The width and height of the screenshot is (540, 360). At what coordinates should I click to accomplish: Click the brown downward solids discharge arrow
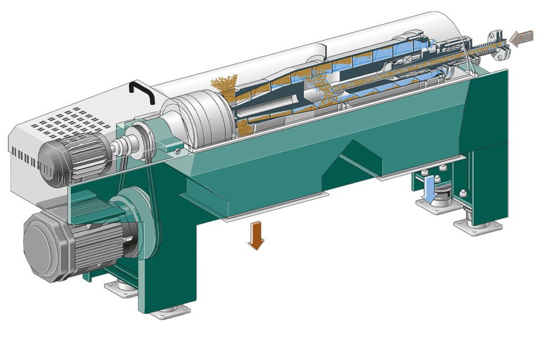257,235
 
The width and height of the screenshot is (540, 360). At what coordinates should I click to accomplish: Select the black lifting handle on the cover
141,92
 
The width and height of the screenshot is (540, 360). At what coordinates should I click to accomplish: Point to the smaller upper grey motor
74,157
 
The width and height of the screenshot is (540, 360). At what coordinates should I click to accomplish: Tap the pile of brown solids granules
224,87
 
